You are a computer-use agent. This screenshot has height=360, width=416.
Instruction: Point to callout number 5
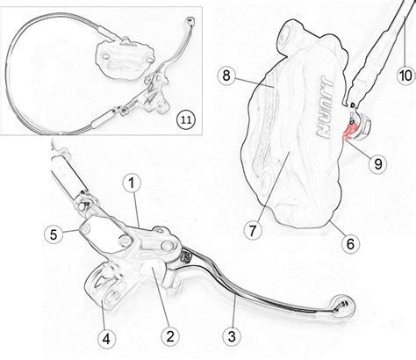pos(54,234)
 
